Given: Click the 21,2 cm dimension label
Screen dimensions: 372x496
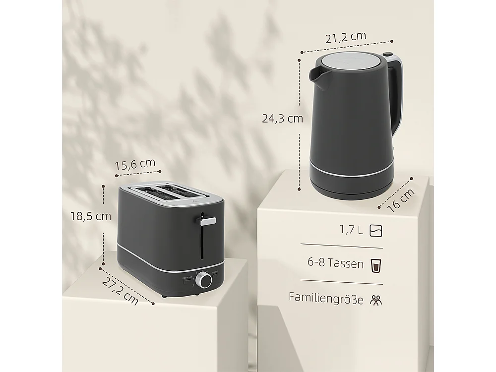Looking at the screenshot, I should (x=347, y=36).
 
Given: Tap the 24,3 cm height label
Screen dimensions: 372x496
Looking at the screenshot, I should (x=283, y=119).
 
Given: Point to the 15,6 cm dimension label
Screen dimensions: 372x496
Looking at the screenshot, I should (x=135, y=164).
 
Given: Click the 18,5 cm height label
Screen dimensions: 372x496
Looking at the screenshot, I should (x=90, y=216).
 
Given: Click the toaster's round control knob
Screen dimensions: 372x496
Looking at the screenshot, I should (x=204, y=281).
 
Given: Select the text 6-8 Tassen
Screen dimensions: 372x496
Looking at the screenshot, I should (x=336, y=263).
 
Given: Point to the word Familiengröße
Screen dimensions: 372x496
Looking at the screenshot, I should (x=326, y=298).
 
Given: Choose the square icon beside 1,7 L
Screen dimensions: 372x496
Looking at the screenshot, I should (x=376, y=230).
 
